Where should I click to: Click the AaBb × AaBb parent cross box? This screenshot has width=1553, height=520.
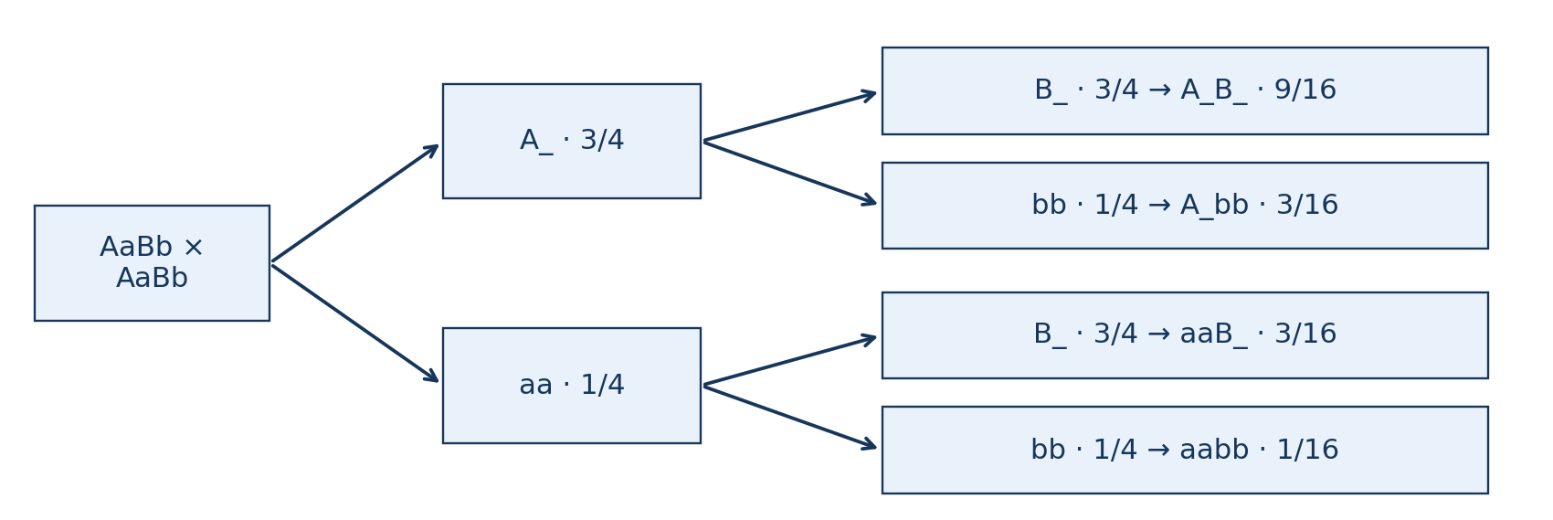(152, 263)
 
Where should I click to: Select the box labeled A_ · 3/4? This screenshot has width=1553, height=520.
(572, 142)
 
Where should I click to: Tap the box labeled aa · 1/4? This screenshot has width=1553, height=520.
(572, 386)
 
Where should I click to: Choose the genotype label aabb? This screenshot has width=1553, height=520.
(1214, 450)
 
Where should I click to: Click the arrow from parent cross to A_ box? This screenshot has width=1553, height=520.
(355, 203)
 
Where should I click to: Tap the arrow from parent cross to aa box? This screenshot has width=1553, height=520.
(355, 324)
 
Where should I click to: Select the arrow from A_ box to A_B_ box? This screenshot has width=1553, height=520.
(790, 116)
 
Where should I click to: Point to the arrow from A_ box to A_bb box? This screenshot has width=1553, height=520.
(790, 174)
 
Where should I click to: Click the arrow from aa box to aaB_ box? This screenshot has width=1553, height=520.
(790, 361)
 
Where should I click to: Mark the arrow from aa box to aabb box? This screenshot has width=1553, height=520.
(790, 418)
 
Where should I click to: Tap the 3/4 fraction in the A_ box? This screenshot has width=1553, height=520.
(602, 141)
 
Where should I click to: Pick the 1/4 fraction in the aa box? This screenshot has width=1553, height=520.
(603, 386)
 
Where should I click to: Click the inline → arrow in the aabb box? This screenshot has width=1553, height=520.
(1158, 450)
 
